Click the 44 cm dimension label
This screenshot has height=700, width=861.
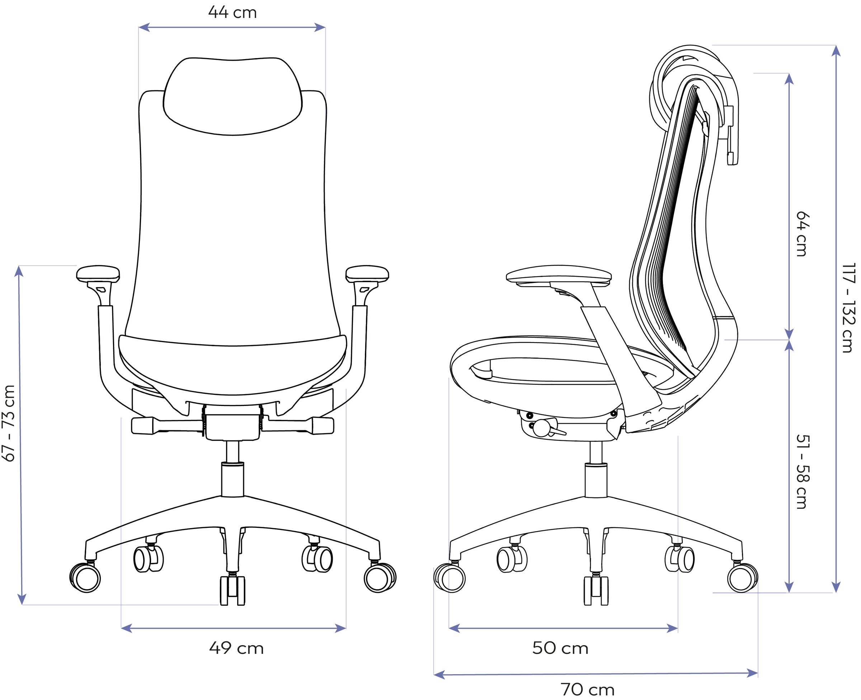pyautogui.click(x=232, y=13)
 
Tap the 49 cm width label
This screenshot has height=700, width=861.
pyautogui.click(x=236, y=648)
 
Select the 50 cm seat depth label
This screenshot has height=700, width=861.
pyautogui.click(x=560, y=648)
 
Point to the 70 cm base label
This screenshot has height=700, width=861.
pyautogui.click(x=588, y=690)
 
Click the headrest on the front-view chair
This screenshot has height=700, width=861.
pyautogui.click(x=233, y=96)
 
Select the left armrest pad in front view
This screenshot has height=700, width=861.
pyautogui.click(x=98, y=274)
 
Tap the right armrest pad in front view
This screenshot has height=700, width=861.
pyautogui.click(x=367, y=274)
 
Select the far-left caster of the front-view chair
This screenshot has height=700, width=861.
pyautogui.click(x=85, y=577)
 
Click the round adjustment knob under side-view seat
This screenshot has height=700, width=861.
pyautogui.click(x=540, y=428)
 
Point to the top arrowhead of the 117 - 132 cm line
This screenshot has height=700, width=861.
pyautogui.click(x=836, y=51)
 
